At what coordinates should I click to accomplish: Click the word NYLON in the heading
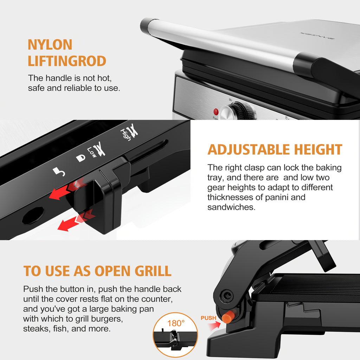50,45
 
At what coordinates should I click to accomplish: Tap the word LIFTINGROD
67,61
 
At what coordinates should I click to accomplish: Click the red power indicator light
216,112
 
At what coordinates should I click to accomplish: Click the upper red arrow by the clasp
62,191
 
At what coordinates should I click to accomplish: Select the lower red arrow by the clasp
70,222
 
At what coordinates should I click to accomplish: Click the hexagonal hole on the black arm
33,215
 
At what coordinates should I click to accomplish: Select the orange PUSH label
208,318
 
